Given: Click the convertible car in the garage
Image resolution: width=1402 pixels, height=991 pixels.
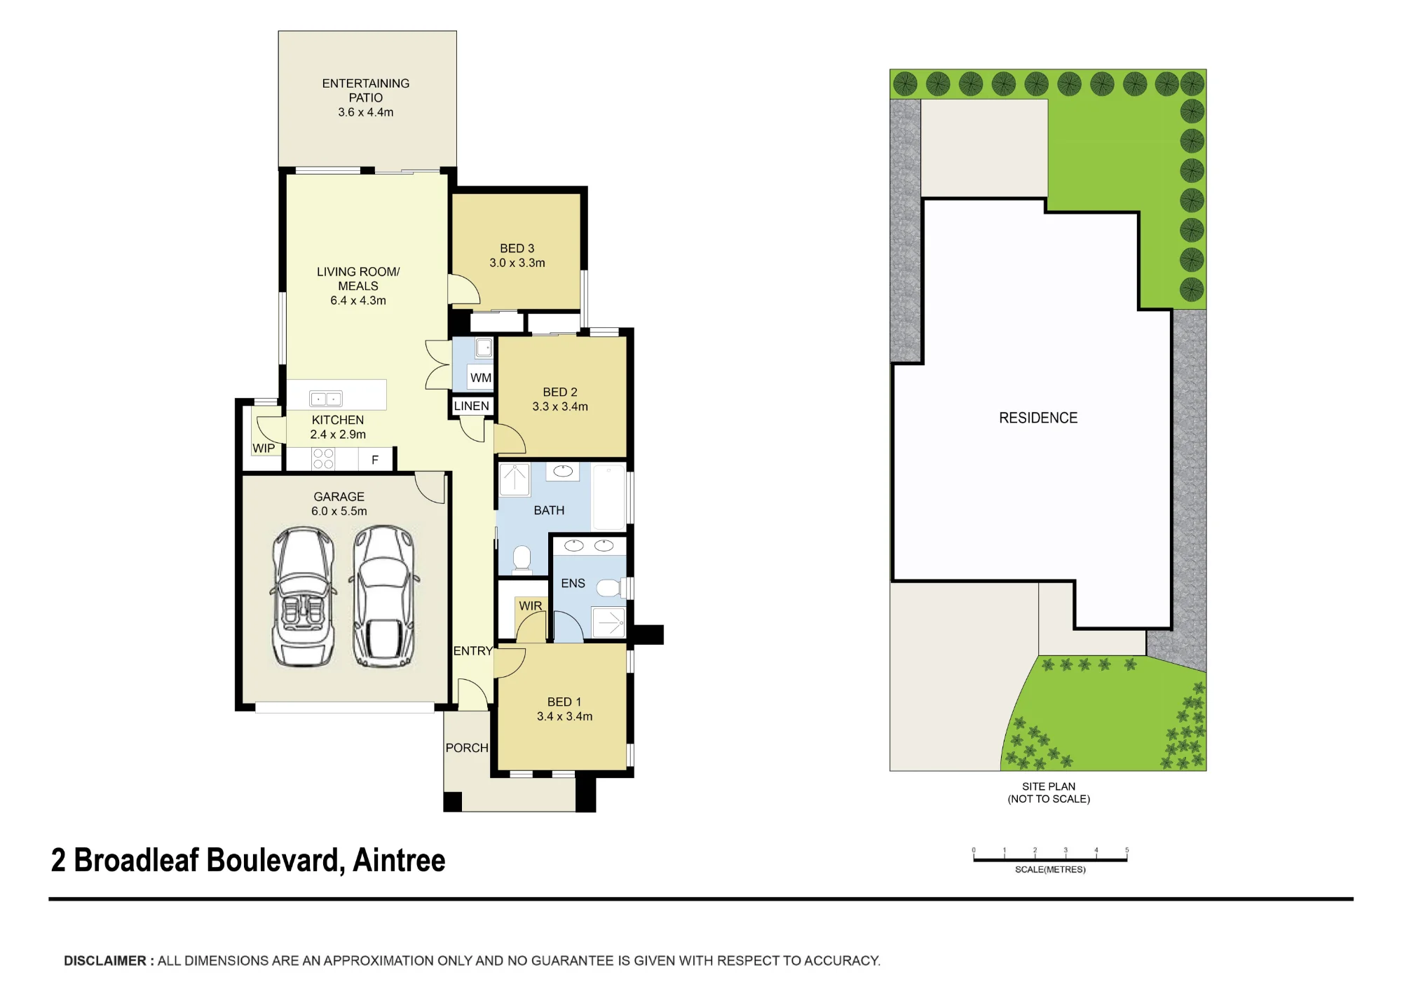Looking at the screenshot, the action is (x=304, y=596).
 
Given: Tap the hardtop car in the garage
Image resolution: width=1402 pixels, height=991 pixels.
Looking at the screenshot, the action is (x=383, y=596).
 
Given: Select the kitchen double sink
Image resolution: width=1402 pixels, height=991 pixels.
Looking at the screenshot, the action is (x=326, y=399).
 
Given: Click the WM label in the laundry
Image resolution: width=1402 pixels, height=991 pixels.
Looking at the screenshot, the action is (x=481, y=378).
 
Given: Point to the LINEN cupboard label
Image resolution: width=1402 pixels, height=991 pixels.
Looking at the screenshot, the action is (x=472, y=406).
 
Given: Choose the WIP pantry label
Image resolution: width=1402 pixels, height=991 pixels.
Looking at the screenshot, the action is (x=264, y=449).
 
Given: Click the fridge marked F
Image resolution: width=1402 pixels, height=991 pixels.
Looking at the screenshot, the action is (x=375, y=460).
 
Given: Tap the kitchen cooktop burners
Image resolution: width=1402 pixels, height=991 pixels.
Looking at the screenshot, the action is (x=323, y=459).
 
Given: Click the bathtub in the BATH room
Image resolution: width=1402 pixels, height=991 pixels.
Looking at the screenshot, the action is (x=609, y=496).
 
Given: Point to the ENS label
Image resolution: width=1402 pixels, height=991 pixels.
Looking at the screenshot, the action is (x=573, y=583).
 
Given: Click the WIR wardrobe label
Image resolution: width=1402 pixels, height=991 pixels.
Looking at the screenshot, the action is (x=531, y=606).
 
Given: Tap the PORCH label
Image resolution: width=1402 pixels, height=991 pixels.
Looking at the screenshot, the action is (x=467, y=748).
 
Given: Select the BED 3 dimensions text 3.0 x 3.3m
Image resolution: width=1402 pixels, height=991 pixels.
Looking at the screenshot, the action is (x=517, y=263).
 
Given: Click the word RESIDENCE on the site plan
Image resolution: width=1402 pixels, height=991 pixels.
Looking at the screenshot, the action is (x=1038, y=418).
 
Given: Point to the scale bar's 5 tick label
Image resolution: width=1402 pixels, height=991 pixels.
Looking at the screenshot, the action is (x=1127, y=850).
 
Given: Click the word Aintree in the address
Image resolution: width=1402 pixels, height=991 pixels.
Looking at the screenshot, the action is (x=399, y=860).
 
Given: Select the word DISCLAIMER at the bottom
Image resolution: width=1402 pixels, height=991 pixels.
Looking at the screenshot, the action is (x=105, y=961).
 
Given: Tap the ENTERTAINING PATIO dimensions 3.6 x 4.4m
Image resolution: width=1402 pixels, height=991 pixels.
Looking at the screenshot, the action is (x=366, y=112).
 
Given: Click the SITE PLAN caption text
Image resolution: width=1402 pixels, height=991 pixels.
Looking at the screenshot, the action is (x=1049, y=786).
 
